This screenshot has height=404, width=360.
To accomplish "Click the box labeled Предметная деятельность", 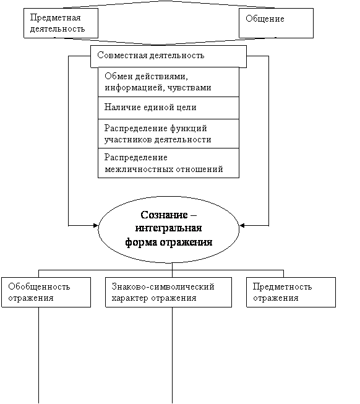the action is point(61,23).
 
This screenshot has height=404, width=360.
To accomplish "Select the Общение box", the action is point(276,23).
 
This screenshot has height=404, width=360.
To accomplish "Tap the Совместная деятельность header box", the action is point(168,57).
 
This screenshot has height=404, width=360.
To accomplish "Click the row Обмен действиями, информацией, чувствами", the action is point(168,82).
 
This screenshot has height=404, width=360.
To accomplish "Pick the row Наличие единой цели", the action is point(168,108).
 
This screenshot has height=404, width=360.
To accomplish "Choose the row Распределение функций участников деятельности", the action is point(168,134).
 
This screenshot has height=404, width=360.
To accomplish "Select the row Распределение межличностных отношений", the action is point(168,163).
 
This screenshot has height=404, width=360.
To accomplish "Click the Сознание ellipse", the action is point(169,230).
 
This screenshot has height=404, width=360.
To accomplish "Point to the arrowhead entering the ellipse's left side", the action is point(96,226).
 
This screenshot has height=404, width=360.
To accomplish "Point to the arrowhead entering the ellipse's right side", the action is point(242,226).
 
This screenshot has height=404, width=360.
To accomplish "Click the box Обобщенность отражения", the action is point(46,292).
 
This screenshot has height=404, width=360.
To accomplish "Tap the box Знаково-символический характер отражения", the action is point(168,292).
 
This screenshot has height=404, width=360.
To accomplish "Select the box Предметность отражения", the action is point(291,292).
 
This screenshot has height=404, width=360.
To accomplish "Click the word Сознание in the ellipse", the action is point(164,215).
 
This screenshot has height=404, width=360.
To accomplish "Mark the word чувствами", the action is point(189,88).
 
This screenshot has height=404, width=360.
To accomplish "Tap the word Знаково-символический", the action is point(163,286).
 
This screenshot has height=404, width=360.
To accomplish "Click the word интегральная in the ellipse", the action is point(169,228).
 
